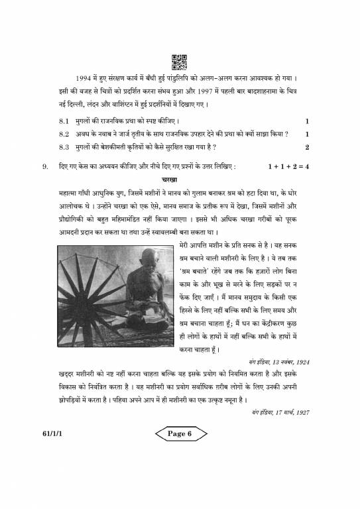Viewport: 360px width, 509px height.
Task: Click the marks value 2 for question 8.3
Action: point(307,146)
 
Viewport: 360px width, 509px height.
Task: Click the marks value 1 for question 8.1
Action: point(307,122)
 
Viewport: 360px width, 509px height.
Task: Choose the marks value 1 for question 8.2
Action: point(307,134)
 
